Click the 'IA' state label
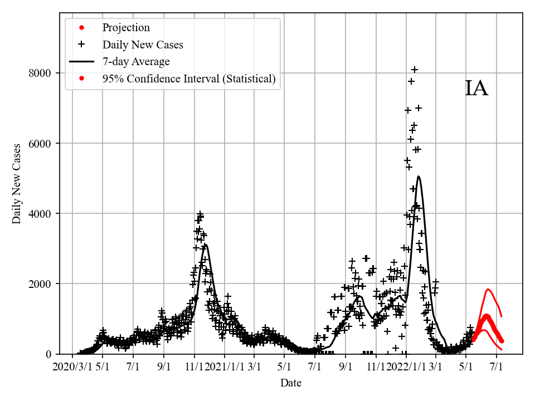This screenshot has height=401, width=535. [476, 89]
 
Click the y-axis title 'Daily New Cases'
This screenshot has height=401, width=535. [17, 184]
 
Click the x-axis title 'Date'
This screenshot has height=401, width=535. [291, 383]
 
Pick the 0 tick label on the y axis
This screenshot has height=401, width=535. [48, 354]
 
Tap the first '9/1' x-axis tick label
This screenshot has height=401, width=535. [164, 367]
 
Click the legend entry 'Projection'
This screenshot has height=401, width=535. [126, 27]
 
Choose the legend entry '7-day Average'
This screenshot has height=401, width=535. [136, 61]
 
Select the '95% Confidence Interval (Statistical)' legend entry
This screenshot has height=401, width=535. [189, 79]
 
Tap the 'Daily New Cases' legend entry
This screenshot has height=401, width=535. [143, 45]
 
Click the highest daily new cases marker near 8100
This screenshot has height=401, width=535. [415, 70]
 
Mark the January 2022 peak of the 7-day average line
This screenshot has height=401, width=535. [419, 177]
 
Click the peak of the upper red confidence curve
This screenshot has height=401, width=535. [488, 289]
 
